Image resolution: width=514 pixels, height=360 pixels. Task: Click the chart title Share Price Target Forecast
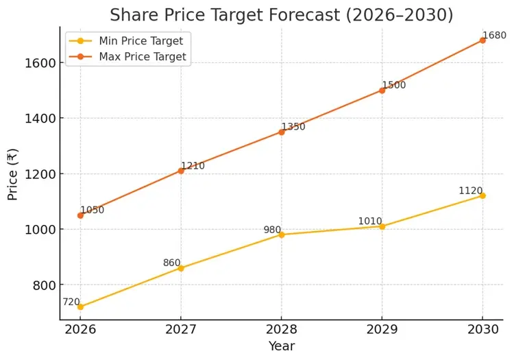[x=281, y=15]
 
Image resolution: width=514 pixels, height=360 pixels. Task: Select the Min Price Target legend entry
[x=141, y=41]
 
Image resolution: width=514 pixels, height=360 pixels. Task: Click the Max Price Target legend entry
[x=143, y=57]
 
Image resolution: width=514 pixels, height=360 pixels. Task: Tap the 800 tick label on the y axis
[x=42, y=285]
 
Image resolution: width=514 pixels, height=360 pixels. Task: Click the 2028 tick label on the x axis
[x=281, y=329]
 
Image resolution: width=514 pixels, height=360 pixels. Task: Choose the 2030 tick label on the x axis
[x=482, y=329]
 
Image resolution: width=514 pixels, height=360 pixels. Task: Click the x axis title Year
[x=281, y=346]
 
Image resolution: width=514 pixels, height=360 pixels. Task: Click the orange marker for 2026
[x=80, y=215]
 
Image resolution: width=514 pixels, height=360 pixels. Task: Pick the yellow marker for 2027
[x=181, y=268]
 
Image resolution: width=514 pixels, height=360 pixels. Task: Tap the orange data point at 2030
[x=482, y=40]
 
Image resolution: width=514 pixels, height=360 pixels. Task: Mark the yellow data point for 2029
[x=382, y=226]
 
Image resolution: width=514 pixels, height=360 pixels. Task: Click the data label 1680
[x=494, y=36]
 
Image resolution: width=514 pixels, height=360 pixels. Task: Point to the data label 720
[x=71, y=302]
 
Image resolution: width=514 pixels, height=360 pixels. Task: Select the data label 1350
[x=293, y=127]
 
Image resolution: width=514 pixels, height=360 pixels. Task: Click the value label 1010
[x=370, y=221]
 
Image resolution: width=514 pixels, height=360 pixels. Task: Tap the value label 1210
[x=193, y=166]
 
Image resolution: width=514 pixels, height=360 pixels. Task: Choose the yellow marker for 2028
[x=281, y=235]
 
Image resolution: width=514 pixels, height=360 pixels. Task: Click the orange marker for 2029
[x=382, y=91]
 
